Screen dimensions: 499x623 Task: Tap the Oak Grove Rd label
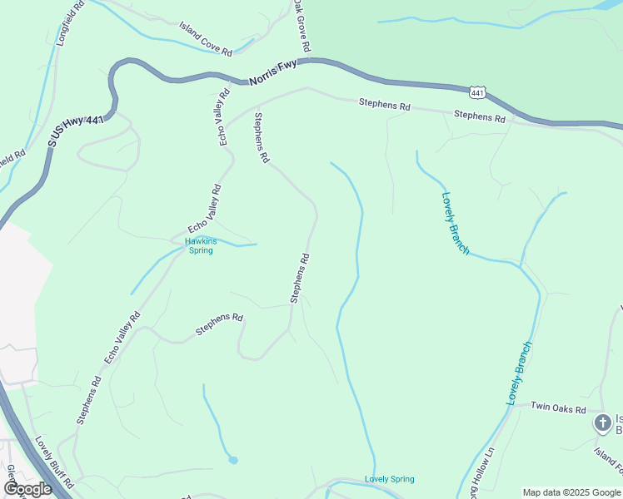point(302,26)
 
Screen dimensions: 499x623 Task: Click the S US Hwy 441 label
point(75,132)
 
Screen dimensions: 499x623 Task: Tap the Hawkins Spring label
point(199,245)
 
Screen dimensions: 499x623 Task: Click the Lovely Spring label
point(389,479)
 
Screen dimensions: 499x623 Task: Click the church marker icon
point(601,423)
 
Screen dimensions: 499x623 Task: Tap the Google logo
point(27,489)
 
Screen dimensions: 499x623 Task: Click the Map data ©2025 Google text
point(571,492)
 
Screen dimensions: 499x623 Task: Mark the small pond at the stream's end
point(232,459)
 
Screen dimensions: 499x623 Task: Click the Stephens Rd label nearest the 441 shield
point(481,117)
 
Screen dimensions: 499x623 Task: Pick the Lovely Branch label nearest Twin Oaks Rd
point(518,373)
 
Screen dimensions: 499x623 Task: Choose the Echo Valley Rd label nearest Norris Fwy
point(223,118)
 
